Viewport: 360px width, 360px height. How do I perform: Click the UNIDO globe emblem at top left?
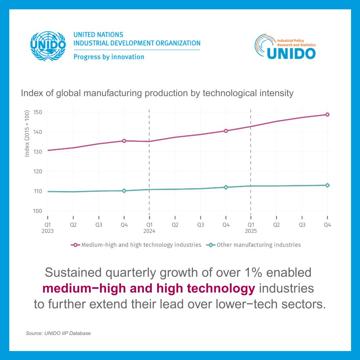(48, 45)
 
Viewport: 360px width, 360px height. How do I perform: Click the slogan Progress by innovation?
(109, 57)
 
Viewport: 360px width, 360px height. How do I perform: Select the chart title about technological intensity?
(157, 93)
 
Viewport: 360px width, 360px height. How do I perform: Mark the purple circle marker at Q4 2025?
(327, 115)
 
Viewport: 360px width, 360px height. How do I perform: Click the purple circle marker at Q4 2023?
(124, 141)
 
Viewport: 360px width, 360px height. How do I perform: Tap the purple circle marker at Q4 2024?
(226, 131)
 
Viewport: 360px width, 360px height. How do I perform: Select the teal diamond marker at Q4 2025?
(327, 185)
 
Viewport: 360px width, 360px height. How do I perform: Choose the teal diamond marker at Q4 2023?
(124, 191)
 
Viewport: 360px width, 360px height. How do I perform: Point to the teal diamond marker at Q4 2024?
(226, 187)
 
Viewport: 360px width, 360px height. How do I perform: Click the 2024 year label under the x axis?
(150, 231)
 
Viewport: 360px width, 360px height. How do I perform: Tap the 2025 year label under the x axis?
(251, 231)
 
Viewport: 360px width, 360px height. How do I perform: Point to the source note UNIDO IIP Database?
(58, 333)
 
